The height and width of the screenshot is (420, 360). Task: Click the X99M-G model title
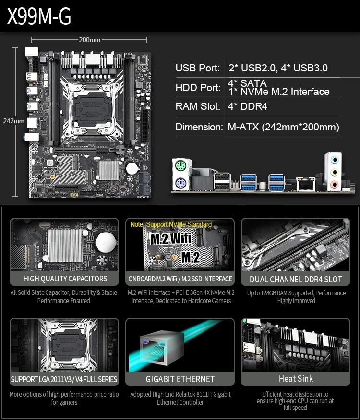pos(39,16)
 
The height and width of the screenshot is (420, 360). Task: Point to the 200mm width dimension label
pos(90,40)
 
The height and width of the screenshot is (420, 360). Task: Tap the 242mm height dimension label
pos(13,121)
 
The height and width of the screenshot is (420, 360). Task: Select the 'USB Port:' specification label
pos(198,68)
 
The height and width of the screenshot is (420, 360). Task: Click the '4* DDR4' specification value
pos(248,106)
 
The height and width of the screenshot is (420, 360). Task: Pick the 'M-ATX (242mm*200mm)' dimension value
pos(283,127)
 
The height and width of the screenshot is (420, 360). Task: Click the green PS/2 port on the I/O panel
pos(180,166)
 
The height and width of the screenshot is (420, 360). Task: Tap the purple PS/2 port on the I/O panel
pos(180,183)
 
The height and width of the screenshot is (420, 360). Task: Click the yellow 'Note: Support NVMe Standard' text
pos(171,224)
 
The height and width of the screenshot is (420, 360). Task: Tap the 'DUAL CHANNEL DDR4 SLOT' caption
pos(296,279)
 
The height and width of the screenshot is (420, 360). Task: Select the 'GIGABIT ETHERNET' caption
pos(180,379)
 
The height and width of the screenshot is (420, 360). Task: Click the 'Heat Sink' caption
pos(296,379)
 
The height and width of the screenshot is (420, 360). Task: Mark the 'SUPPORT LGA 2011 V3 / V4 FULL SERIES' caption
pos(64,379)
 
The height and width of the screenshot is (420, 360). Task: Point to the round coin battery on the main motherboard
pos(132,168)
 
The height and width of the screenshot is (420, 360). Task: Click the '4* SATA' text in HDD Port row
pos(247,83)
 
